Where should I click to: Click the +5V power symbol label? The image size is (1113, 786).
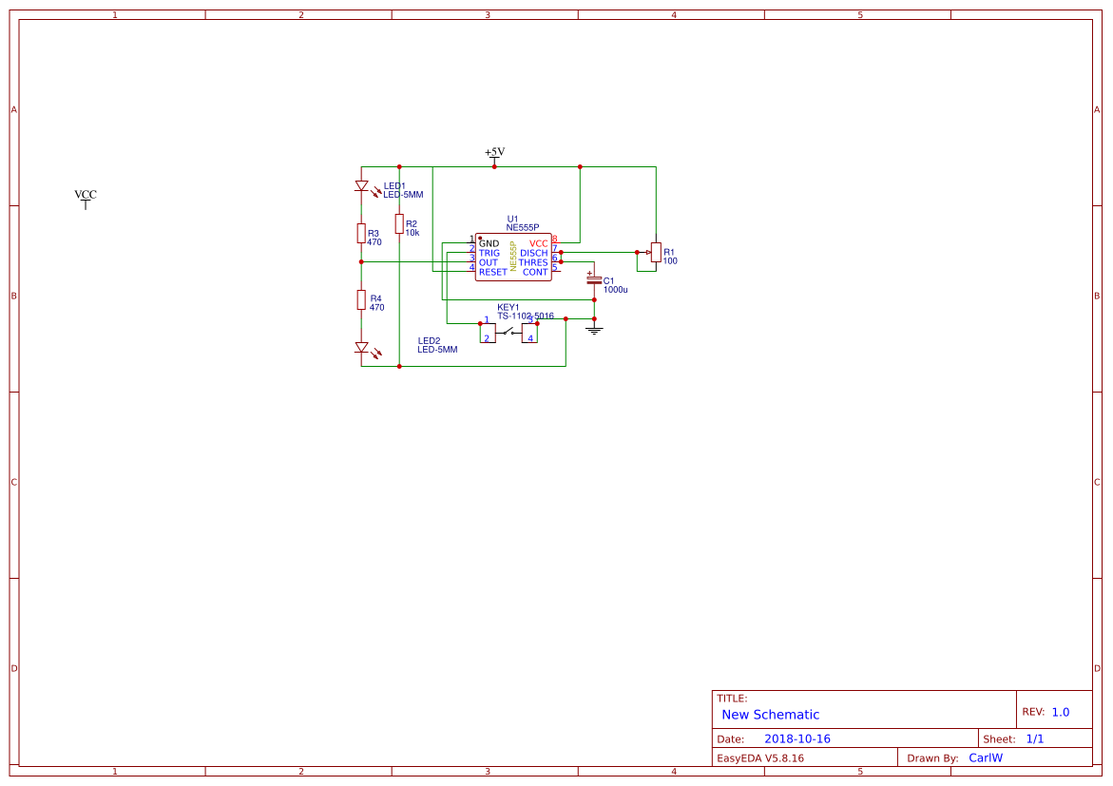494,152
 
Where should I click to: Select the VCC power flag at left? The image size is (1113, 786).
86,196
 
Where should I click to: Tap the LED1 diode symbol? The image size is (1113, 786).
361,186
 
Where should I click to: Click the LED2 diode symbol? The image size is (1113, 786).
361,348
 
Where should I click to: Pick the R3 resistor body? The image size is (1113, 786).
361,233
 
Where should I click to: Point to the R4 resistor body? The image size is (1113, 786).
361,300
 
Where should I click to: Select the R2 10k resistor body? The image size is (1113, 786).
399,223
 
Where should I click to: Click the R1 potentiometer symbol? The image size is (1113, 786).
655,252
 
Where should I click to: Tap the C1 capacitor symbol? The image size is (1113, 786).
594,280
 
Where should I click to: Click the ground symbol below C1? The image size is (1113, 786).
594,330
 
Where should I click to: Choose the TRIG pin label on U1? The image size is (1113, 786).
489,254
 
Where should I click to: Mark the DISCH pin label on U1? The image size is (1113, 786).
533,254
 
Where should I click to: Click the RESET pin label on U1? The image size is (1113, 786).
492,273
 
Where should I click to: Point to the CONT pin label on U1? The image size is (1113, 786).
535,273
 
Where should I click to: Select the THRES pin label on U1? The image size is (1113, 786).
532,263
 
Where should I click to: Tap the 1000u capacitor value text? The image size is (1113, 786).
616,289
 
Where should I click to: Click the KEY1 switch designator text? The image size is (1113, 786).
509,307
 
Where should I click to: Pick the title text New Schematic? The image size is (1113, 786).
770,715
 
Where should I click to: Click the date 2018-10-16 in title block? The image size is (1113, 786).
797,739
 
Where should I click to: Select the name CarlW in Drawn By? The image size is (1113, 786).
986,758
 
